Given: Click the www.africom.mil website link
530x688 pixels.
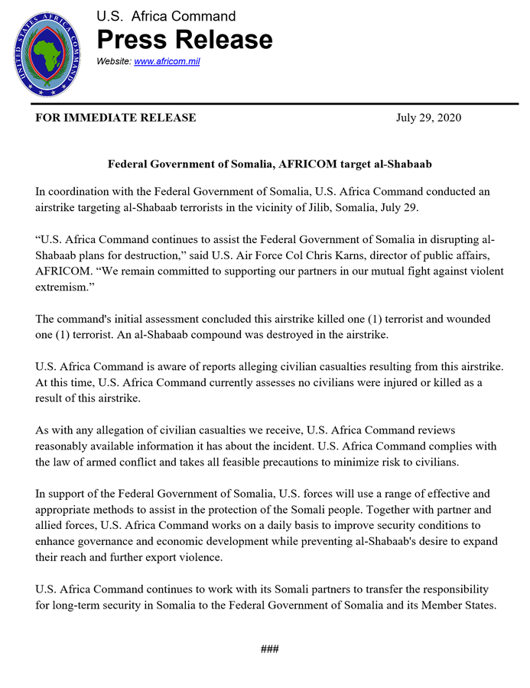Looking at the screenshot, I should click(x=167, y=61).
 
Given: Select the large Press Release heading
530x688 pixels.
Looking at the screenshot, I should click(x=184, y=39).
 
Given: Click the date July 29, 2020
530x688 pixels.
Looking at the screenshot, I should click(x=428, y=118).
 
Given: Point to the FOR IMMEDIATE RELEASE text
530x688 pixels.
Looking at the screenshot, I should click(x=115, y=118).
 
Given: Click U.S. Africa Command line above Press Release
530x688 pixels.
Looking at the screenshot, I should click(x=166, y=16).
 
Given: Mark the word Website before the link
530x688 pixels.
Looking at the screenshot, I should click(x=112, y=61).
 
